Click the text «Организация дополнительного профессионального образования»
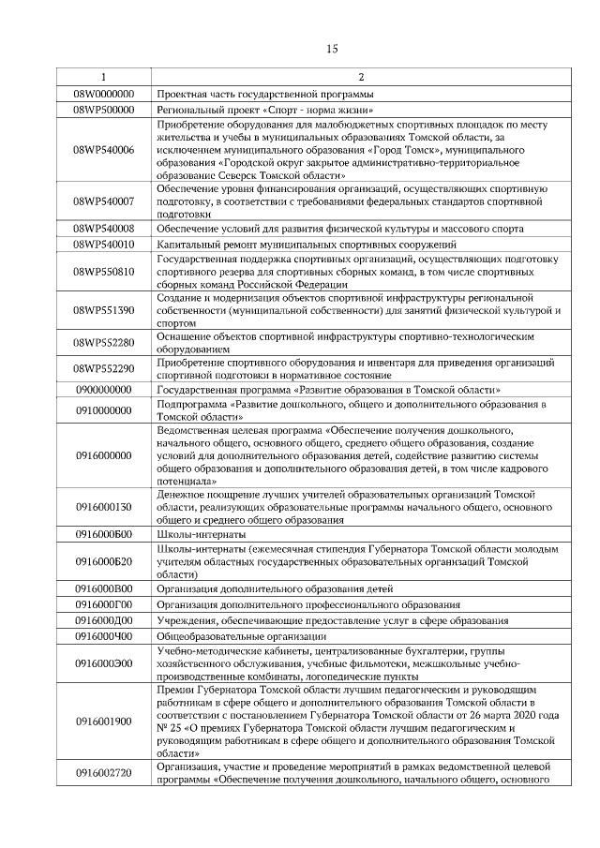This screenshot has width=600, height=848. [x=308, y=604]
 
